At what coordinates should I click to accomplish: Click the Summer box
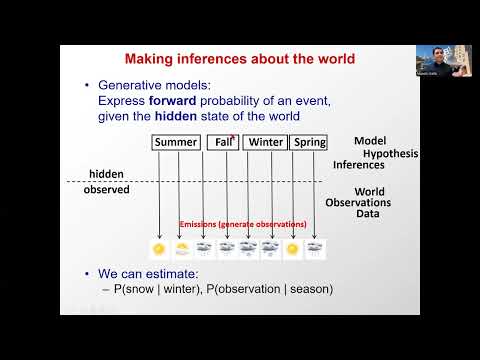coord(175,142)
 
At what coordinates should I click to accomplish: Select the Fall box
coord(223,142)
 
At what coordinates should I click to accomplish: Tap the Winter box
coord(265,142)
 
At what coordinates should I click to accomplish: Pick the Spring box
coord(309,142)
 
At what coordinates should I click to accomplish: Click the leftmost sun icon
coord(158,249)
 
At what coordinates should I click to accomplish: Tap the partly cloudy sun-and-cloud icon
coord(182,249)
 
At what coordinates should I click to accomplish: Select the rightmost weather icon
coord(315,249)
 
